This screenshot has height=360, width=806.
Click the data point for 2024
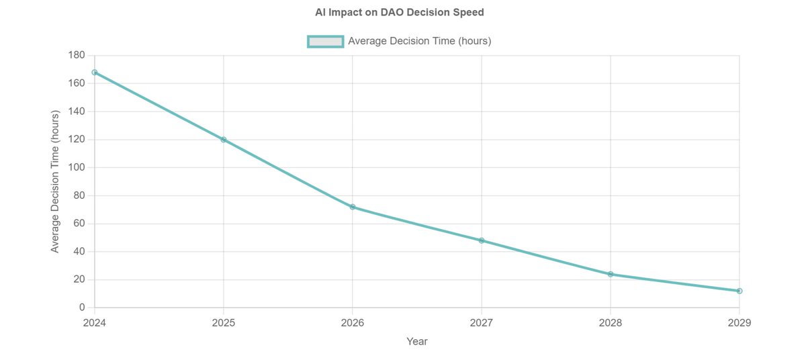point(95,73)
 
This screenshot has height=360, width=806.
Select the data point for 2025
point(224,140)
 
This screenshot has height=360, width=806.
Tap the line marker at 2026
point(353,207)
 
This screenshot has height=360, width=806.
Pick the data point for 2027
point(482,240)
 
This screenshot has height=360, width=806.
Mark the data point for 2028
point(611,274)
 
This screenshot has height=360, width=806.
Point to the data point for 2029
point(740,291)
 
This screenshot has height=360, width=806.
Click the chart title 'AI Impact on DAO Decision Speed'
point(399,12)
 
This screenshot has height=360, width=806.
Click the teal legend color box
point(326,42)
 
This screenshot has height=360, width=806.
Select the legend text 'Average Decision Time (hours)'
point(420,42)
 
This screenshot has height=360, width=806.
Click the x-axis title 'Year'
point(416,341)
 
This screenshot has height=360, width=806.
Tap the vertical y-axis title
point(56,181)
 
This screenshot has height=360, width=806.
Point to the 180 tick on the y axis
point(77,56)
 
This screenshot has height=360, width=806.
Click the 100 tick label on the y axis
point(77,167)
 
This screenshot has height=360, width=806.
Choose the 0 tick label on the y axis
point(82,308)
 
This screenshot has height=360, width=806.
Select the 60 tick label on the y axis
point(79,224)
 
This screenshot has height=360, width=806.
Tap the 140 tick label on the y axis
point(77,111)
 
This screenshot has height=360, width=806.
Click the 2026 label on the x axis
point(353,323)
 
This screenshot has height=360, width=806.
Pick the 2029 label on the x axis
point(739,323)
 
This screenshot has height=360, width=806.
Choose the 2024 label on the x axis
point(95,323)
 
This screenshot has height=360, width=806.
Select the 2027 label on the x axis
point(482,323)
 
